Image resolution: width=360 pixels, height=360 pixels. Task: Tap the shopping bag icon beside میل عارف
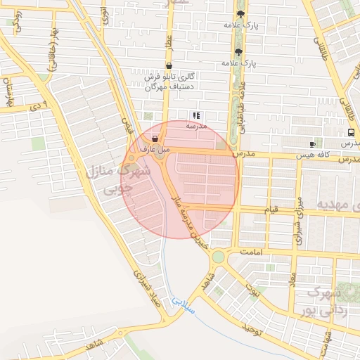click(155, 139)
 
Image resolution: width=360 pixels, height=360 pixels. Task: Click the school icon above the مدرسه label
click(196, 115)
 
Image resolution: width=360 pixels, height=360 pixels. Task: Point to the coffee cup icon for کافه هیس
click(312, 144)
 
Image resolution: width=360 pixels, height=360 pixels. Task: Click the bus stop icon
click(351, 133)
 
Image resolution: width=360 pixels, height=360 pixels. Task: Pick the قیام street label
click(271, 210)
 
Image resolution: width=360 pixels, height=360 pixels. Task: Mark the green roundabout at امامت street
click(218, 257)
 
